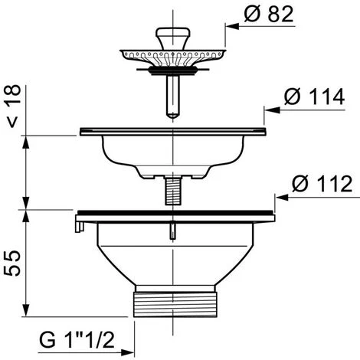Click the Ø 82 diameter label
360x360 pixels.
[269, 14]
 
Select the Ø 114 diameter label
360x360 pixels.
[314, 97]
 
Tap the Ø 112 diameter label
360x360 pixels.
[322, 184]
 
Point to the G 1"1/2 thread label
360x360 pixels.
[77, 339]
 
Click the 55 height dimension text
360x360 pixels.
[12, 263]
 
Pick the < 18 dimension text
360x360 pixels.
[13, 106]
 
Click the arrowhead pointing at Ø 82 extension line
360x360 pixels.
[232, 26]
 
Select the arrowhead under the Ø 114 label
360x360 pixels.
[272, 110]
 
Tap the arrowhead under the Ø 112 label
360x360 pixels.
[282, 198]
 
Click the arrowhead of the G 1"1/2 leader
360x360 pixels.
[127, 353]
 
